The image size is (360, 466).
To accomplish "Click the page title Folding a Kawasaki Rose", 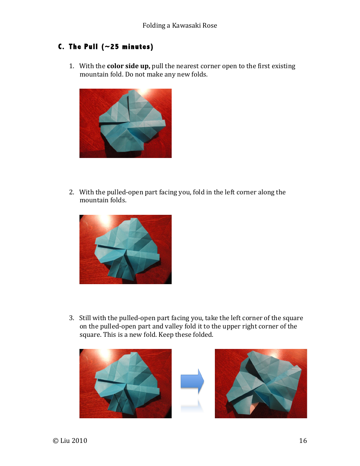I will click(180, 25).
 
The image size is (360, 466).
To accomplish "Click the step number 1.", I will click(71, 66).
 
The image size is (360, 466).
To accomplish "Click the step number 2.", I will click(71, 192).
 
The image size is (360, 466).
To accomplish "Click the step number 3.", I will click(71, 318).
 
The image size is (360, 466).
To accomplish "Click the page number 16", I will click(303, 441).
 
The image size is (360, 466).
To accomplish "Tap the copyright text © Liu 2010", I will click(70, 441).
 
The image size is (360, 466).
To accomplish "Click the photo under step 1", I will click(125, 123).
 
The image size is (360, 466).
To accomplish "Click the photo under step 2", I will click(125, 249).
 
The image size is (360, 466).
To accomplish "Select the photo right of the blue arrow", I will click(261, 383).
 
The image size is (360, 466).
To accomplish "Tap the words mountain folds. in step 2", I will click(103, 200).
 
